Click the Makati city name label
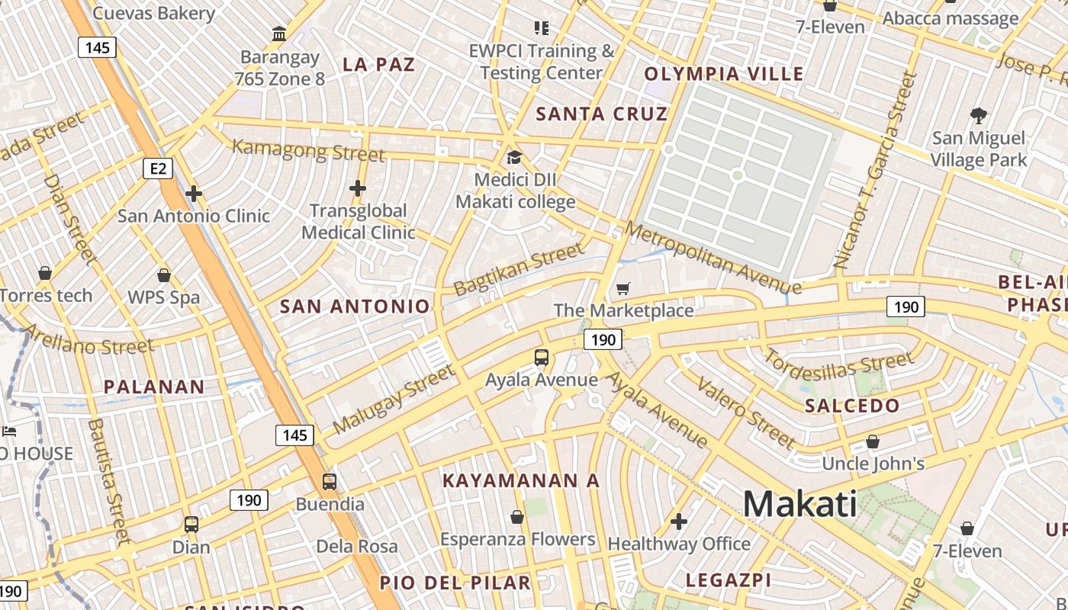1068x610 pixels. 799,504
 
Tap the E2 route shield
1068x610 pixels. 157,169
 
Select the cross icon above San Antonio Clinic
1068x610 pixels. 194,194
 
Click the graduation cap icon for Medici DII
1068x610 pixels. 515,158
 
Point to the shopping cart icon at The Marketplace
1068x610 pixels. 623,288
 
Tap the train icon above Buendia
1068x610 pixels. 330,481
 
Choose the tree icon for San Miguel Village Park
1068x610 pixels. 979,116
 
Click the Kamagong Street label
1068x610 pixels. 308,149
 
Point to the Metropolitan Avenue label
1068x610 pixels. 713,258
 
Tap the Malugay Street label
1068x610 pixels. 394,399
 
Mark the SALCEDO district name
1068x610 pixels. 852,406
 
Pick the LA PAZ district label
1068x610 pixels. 378,64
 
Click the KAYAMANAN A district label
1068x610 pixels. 521,481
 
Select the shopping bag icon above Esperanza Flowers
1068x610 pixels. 517,518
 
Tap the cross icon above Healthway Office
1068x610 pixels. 679,522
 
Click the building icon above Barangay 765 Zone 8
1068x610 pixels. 279,34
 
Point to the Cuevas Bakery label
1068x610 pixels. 153,13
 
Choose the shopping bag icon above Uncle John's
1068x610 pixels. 873,441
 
